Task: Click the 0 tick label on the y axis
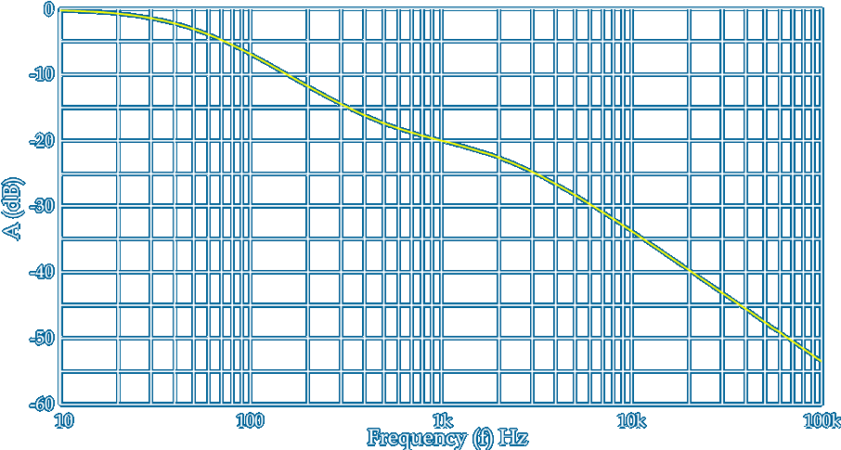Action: click(x=48, y=10)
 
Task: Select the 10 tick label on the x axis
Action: click(x=63, y=421)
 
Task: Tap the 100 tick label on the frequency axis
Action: click(x=251, y=421)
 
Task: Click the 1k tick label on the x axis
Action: click(x=442, y=421)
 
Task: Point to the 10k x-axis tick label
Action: click(x=631, y=421)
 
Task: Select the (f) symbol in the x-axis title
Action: click(x=478, y=437)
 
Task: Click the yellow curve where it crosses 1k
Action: click(x=442, y=141)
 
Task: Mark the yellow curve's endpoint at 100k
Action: click(x=822, y=361)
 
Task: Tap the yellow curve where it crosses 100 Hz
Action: click(x=252, y=54)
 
